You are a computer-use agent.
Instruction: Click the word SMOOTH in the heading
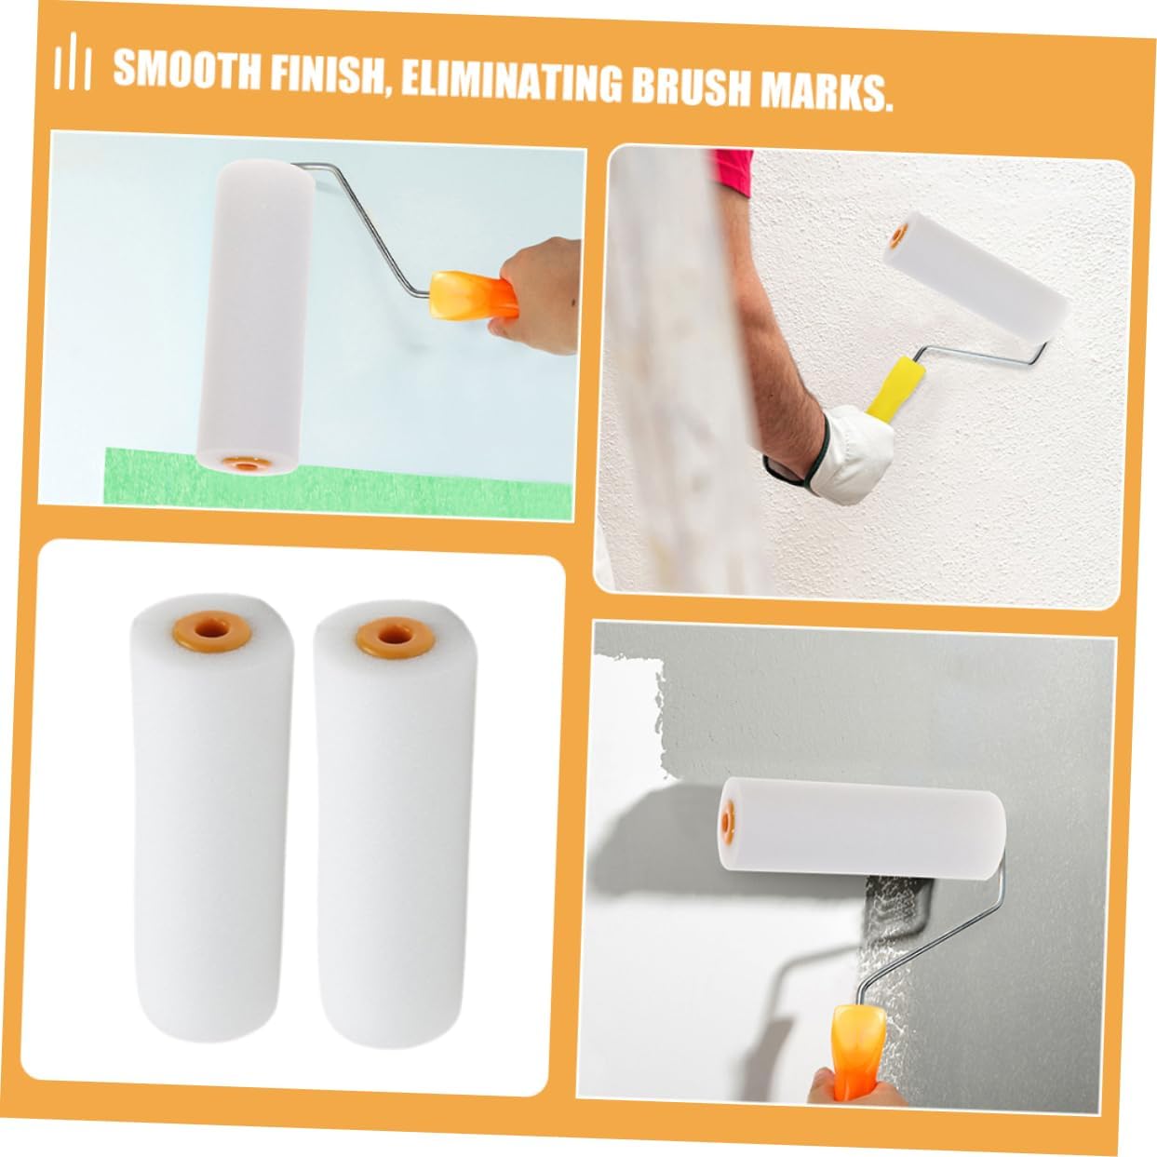click(x=187, y=70)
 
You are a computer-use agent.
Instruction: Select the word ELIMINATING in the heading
click(x=511, y=83)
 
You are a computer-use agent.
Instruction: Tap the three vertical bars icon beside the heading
click(x=72, y=61)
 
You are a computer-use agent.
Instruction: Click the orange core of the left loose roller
click(x=210, y=628)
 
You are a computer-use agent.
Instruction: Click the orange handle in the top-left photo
click(x=473, y=292)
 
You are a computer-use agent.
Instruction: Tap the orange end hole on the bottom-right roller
click(x=728, y=819)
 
